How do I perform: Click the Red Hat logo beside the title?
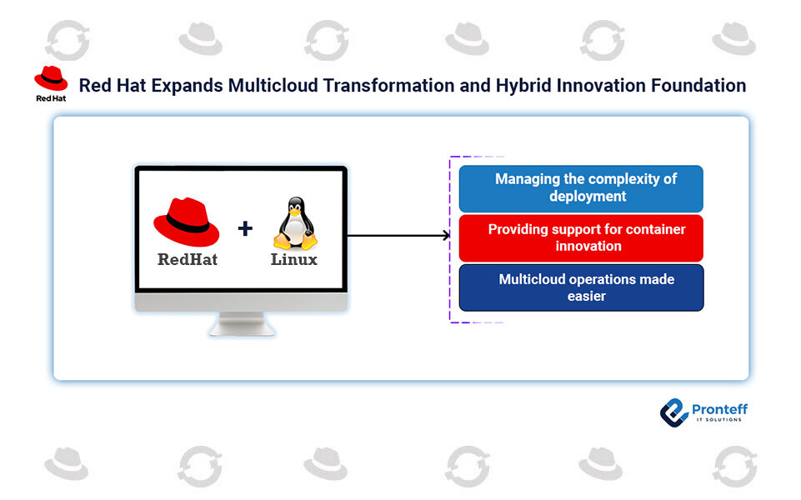pyautogui.click(x=51, y=81)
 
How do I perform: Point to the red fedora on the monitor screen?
pyautogui.click(x=186, y=222)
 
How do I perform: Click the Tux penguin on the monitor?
pyautogui.click(x=294, y=222)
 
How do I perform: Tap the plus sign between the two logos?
pyautogui.click(x=245, y=228)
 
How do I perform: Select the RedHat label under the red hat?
pyautogui.click(x=188, y=259)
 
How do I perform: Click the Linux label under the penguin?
pyautogui.click(x=294, y=259)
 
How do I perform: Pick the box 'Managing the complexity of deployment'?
pyautogui.click(x=581, y=188)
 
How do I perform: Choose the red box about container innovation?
pyautogui.click(x=581, y=237)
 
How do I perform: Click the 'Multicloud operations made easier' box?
pyautogui.click(x=581, y=287)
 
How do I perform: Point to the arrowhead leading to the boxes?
pyautogui.click(x=446, y=236)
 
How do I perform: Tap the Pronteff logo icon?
pyautogui.click(x=673, y=412)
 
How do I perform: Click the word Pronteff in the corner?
pyautogui.click(x=719, y=409)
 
